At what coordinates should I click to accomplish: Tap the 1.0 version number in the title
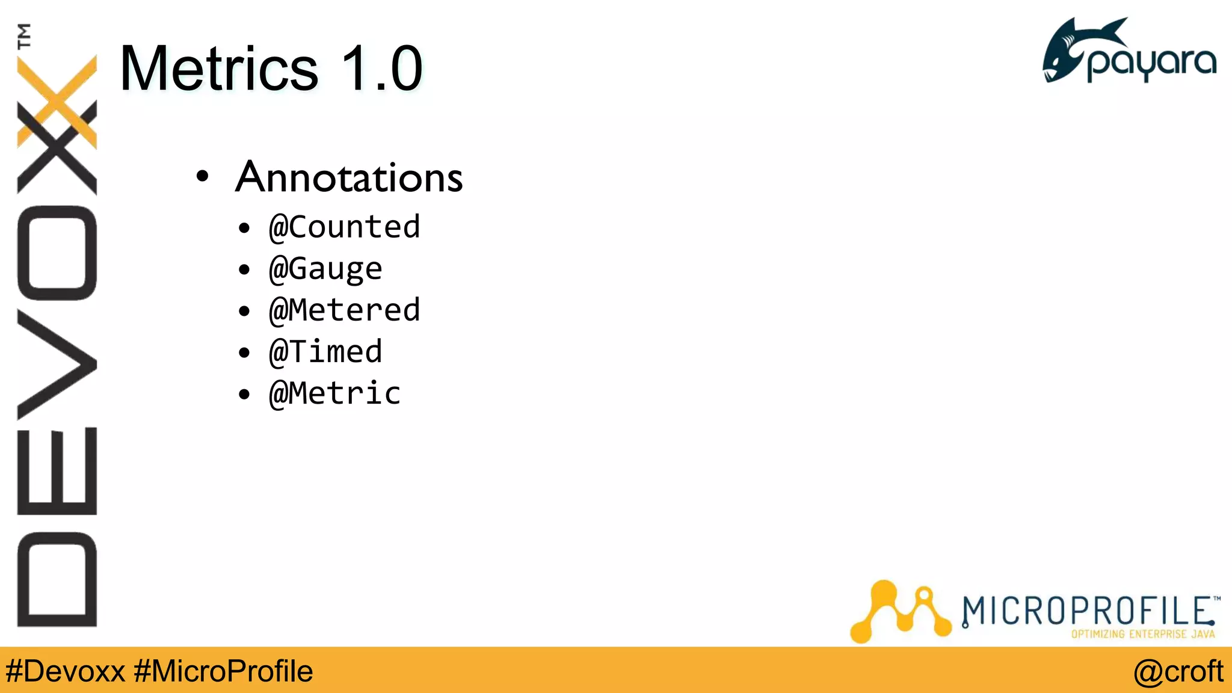381,69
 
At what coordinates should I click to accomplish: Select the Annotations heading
349,177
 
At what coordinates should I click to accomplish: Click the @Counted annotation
344,227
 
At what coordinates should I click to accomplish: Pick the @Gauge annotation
325,269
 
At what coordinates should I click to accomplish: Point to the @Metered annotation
344,310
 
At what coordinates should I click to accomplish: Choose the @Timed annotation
325,352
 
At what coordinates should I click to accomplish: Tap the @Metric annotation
334,393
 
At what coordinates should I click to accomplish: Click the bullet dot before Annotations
203,177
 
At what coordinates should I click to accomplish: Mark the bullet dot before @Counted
244,229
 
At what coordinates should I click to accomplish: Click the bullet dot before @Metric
244,395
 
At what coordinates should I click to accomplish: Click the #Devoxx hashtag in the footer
65,671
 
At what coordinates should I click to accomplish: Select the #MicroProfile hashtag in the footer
223,671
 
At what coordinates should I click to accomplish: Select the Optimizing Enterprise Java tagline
1142,634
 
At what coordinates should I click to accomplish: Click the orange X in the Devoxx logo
57,99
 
